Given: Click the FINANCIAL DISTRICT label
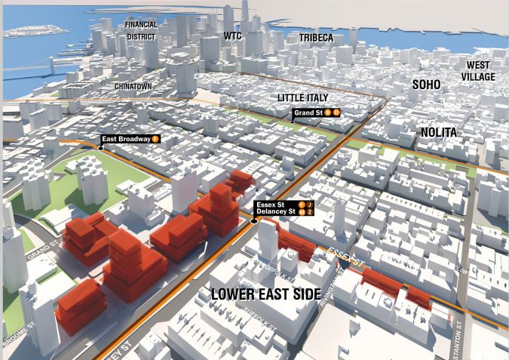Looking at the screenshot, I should tap(141, 29).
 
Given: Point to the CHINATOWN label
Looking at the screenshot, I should tap(133, 87).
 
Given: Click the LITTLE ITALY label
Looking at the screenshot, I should tap(306, 98).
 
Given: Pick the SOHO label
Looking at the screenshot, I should tap(426, 85).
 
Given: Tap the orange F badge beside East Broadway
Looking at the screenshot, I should tap(155, 139).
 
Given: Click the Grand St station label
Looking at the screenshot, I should tap(308, 112).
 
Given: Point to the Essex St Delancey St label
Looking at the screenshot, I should tap(275, 208).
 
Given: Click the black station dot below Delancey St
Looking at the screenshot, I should tap(254, 221).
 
